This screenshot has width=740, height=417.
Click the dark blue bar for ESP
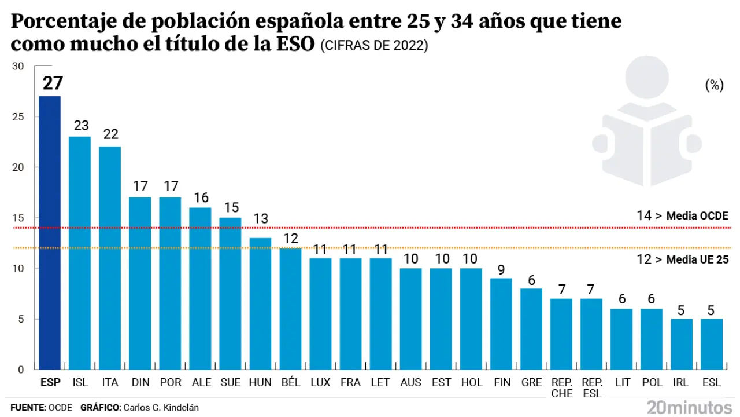tap(50, 232)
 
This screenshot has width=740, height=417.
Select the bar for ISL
tap(80, 253)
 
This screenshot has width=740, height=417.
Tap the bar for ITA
tap(110, 258)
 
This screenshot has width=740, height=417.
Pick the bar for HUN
tap(260, 303)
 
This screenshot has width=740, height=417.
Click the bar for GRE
tap(531, 329)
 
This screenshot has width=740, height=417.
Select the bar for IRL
tap(682, 344)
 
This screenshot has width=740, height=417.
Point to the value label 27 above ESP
tap(52, 83)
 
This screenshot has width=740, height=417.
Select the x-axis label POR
tap(170, 383)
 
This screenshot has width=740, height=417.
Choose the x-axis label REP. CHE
tap(561, 388)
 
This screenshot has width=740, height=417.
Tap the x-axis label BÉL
tap(290, 383)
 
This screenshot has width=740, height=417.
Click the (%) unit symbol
tap(715, 86)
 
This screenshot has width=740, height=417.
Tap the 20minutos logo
tap(690, 407)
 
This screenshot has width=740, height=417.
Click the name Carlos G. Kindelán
tap(160, 408)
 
